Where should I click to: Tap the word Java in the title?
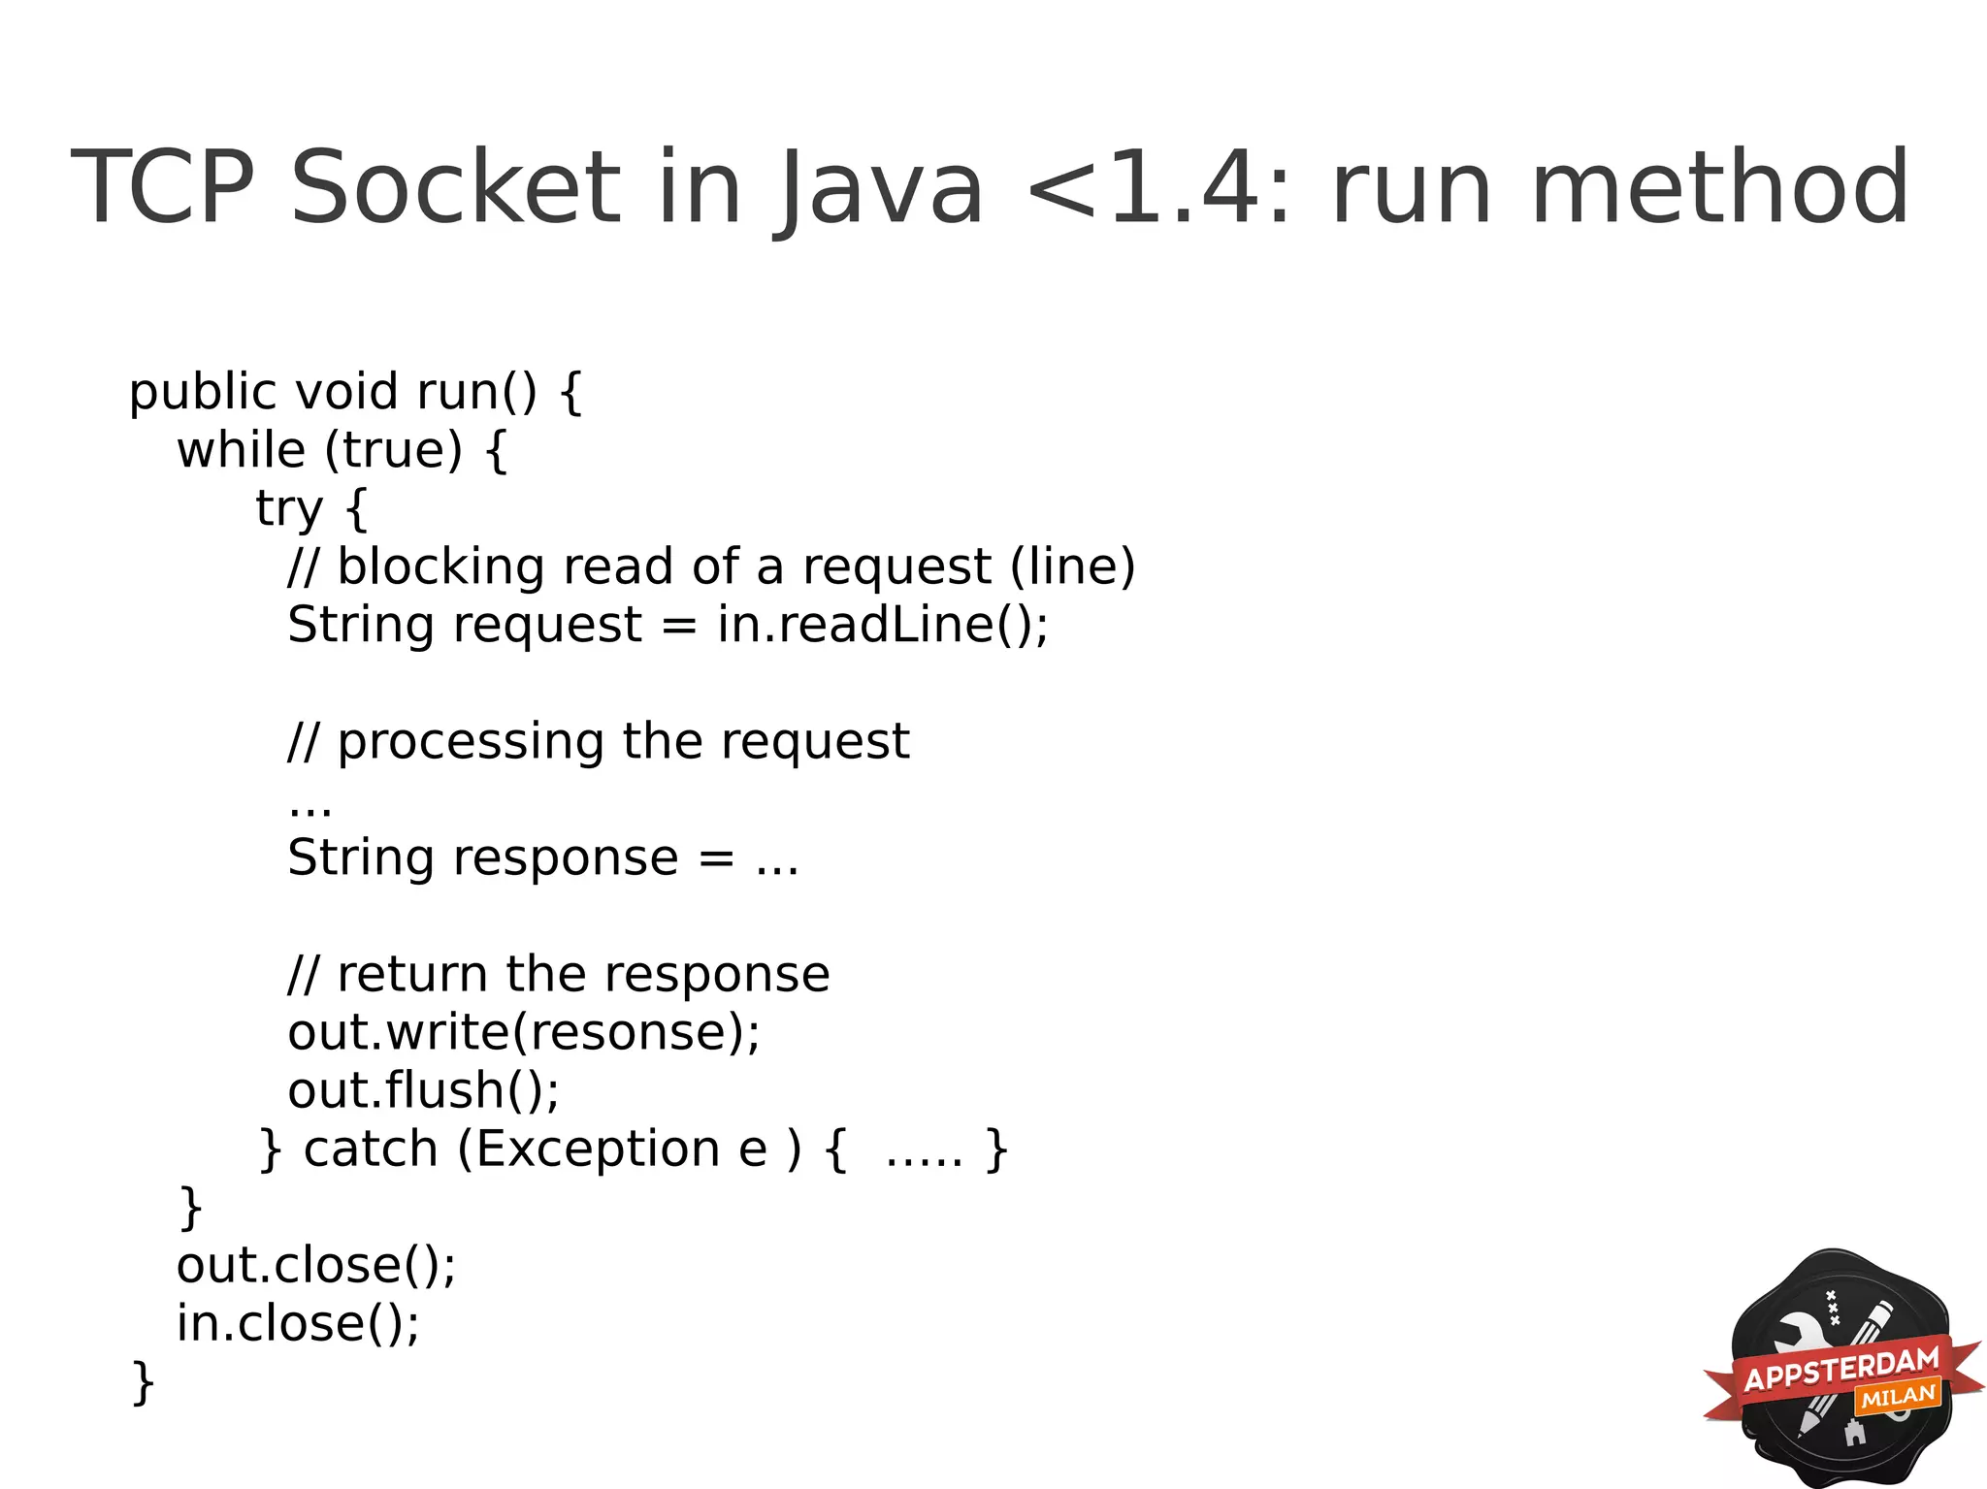click(x=878, y=189)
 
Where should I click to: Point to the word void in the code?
click(x=346, y=392)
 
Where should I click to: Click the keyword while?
click(x=242, y=450)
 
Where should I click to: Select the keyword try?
click(x=289, y=509)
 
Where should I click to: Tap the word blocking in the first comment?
click(x=440, y=566)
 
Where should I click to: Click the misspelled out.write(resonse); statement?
click(x=524, y=1032)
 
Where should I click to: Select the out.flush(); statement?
click(x=424, y=1090)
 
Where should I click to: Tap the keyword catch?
click(x=371, y=1149)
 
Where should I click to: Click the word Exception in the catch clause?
click(x=598, y=1149)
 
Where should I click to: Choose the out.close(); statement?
click(x=316, y=1266)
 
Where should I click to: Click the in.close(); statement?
click(x=298, y=1324)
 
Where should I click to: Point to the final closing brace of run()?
click(x=143, y=1382)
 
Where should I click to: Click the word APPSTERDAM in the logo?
click(x=1840, y=1369)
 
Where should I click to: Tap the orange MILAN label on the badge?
click(x=1898, y=1397)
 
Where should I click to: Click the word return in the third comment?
click(x=412, y=975)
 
